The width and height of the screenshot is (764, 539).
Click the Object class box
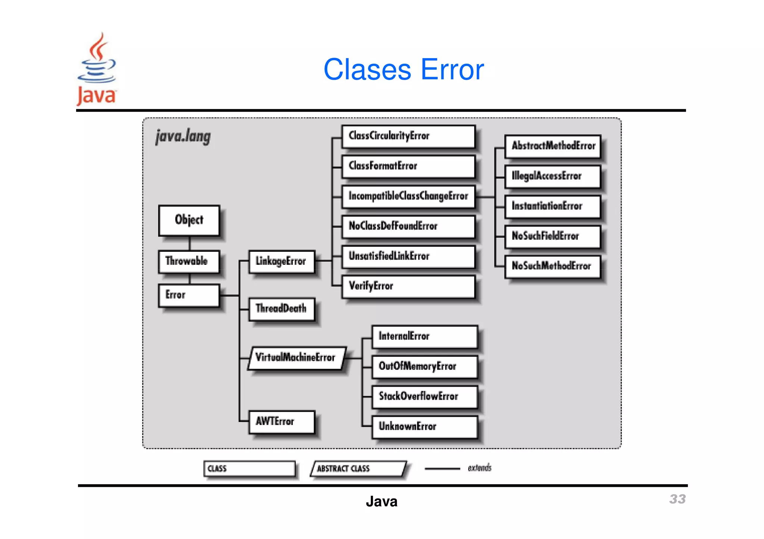pos(189,220)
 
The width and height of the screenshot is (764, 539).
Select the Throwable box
pos(189,261)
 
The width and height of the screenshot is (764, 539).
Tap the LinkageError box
pos(282,261)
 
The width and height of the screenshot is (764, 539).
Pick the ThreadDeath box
pos(282,309)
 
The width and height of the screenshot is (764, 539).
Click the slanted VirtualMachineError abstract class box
pos(297,358)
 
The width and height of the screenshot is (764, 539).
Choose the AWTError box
pos(282,422)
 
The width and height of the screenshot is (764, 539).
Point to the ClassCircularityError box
pos(408,136)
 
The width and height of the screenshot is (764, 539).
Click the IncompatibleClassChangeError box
pos(408,196)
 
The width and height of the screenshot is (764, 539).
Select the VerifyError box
pos(408,286)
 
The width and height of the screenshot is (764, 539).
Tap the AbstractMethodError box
pos(552,146)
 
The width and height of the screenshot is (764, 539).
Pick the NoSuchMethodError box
pos(552,266)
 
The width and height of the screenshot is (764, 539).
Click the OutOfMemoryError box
pos(425,367)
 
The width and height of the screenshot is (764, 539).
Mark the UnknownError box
pos(425,427)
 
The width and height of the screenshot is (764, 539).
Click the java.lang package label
pos(183,136)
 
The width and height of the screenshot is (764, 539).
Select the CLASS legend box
pos(249,469)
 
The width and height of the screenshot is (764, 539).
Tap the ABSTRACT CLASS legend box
pos(358,469)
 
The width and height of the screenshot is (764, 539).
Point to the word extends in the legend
pos(479,468)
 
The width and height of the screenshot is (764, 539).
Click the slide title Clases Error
pos(403,70)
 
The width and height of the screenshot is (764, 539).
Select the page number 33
pos(677,499)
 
